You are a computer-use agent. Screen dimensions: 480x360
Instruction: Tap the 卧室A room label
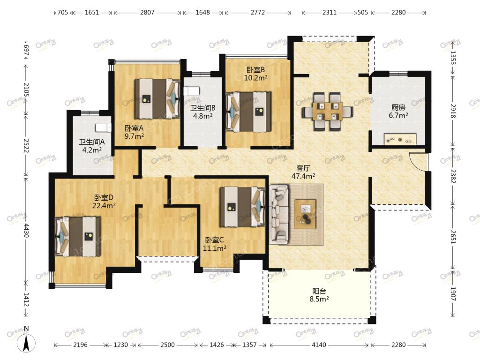click(x=134, y=128)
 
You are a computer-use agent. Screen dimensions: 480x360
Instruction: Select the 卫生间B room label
click(x=202, y=108)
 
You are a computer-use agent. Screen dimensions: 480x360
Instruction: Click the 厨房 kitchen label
click(x=398, y=107)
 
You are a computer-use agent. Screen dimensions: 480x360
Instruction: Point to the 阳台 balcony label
click(x=319, y=291)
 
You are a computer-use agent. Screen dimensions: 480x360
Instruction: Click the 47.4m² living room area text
click(x=303, y=176)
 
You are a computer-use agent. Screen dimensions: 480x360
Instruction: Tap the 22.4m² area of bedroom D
click(x=104, y=205)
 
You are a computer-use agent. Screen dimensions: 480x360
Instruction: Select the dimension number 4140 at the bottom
click(x=319, y=345)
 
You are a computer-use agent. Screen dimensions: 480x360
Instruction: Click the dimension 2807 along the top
click(x=147, y=13)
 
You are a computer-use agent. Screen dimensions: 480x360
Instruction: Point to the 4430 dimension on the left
click(x=26, y=230)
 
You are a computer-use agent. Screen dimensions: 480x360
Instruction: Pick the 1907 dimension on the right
click(x=453, y=294)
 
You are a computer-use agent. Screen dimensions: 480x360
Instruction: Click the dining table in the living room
click(x=327, y=112)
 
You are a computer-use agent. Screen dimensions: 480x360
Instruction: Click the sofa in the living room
click(x=279, y=214)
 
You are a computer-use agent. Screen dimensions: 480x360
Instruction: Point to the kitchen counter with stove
click(x=400, y=139)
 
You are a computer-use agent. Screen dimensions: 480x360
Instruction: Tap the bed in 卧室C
click(x=242, y=207)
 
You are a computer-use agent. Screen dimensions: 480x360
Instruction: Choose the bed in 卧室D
click(x=78, y=236)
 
